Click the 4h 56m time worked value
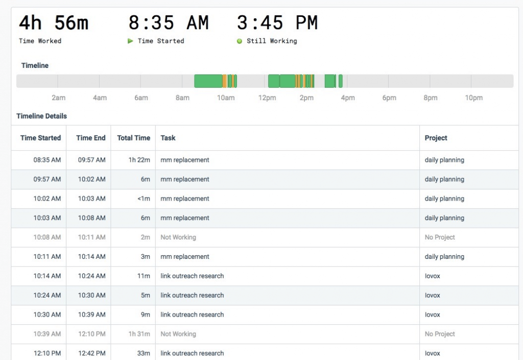coord(54,23)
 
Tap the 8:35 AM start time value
coord(169,23)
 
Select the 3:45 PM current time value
coord(277,23)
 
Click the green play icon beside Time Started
coord(130,41)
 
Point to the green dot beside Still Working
coord(239,41)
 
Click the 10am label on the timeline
coord(226,98)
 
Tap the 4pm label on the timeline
coord(347,98)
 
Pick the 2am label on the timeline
coord(58,98)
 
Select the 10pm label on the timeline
coord(473,98)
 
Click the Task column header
coord(168,138)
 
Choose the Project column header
coord(436,138)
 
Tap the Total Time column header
coord(133,138)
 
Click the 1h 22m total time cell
coord(139,160)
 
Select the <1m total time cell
coord(144,199)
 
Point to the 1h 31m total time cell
coord(139,334)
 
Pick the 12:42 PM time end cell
coord(92,353)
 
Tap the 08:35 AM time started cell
coord(47,160)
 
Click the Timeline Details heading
coord(42,116)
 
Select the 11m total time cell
coord(144,276)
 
